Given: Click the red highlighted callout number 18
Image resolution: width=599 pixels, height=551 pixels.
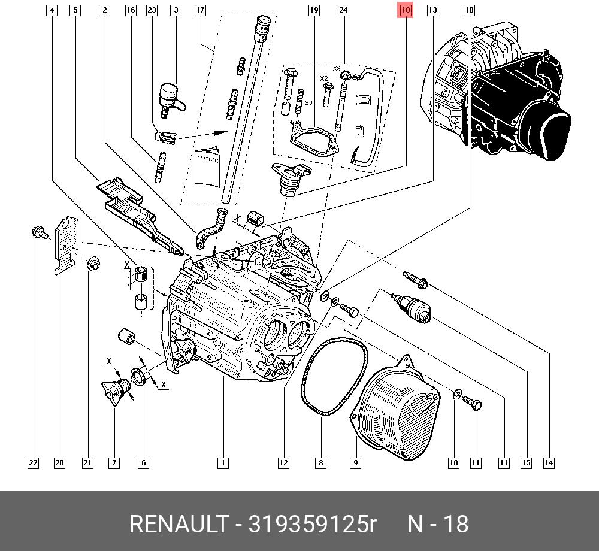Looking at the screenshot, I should click(x=406, y=10).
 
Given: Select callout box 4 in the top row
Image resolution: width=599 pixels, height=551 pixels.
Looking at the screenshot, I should click(x=52, y=10).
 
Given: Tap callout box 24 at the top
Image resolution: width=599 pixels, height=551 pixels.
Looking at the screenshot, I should click(x=343, y=10).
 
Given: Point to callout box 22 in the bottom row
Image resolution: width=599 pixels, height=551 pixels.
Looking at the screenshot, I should click(x=33, y=462).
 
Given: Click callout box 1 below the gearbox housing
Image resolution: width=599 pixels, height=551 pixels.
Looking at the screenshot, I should click(x=222, y=462).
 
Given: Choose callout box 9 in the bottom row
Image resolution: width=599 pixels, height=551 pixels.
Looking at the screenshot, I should click(x=355, y=462).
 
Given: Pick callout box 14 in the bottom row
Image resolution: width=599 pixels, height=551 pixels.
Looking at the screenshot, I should click(x=549, y=462).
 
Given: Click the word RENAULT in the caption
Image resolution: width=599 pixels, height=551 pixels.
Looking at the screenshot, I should click(x=179, y=525).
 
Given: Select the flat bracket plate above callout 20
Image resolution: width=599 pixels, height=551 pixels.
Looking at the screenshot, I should click(x=68, y=246).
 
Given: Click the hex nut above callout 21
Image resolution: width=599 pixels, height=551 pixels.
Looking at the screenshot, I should click(x=93, y=264).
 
